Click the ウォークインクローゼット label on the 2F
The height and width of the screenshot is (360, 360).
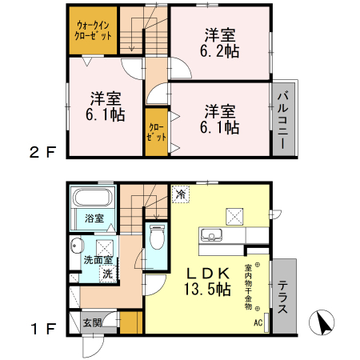(93, 30)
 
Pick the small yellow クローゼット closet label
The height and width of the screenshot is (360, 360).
(157, 132)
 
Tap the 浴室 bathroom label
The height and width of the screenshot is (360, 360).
(94, 218)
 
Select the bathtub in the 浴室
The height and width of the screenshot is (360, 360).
(94, 198)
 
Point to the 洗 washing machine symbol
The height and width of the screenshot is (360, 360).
(106, 274)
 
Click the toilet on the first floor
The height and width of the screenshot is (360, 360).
(157, 238)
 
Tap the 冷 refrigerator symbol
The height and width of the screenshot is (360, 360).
(181, 194)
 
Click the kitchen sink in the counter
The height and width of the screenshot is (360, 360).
(212, 235)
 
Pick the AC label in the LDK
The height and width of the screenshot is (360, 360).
(258, 323)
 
